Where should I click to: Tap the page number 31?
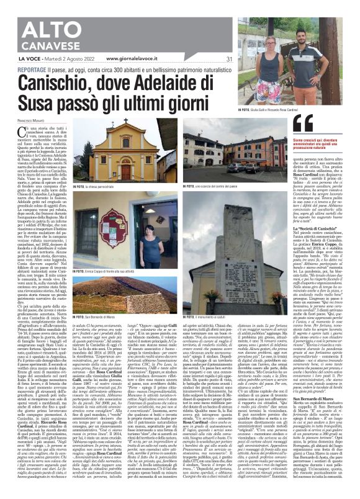click(229, 59)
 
